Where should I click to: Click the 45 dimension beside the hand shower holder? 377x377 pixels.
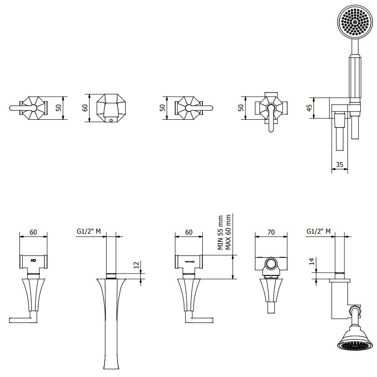[310, 108]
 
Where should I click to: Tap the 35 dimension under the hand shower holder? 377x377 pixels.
[339, 165]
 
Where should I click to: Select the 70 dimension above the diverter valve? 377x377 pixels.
[271, 232]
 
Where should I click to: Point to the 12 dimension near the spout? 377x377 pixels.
[137, 265]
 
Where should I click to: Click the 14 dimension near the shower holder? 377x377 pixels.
[312, 261]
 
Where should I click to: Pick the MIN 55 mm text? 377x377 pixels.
[220, 232]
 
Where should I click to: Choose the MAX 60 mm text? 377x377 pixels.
[228, 232]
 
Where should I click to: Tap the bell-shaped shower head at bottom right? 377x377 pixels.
[354, 339]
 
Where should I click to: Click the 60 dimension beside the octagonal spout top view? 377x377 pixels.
[85, 108]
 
